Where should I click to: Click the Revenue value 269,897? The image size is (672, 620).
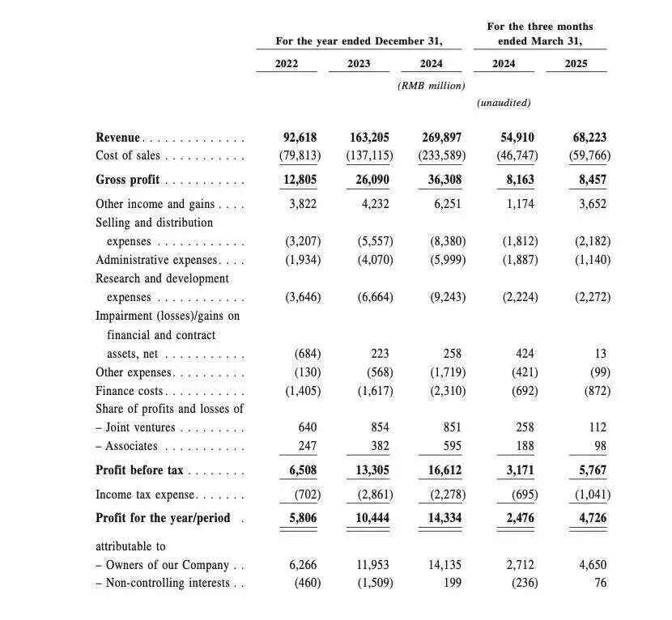(x=442, y=138)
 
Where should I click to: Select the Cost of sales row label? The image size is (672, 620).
(x=128, y=155)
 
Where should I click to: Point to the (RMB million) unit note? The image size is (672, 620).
(x=432, y=85)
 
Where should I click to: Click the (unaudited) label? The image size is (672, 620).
(x=504, y=103)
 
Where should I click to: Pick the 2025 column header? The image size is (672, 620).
(x=576, y=63)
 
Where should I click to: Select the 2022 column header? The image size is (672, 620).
(x=287, y=63)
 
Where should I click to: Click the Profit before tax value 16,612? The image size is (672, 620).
(x=444, y=470)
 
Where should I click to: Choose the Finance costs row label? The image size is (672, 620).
(x=130, y=391)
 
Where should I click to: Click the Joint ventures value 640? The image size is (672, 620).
(x=307, y=427)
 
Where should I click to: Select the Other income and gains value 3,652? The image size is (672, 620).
(x=593, y=204)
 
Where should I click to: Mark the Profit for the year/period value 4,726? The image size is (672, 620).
(x=591, y=518)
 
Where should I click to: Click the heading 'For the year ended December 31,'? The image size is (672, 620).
(x=359, y=40)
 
